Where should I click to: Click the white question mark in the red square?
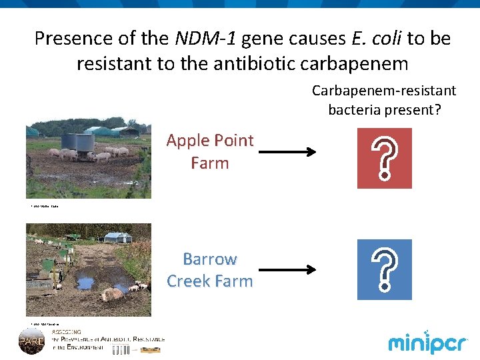tap(385, 159)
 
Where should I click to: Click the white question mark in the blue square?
tap(385, 269)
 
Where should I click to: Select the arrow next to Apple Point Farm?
tap(287, 153)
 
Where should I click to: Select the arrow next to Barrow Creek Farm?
tap(287, 270)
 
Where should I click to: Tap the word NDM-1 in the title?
tap(205, 39)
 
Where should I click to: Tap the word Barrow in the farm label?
tap(210, 259)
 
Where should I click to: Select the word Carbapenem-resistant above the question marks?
tap(384, 90)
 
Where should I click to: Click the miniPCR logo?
tap(427, 343)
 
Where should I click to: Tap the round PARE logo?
tap(31, 341)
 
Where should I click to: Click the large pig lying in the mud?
tap(111, 293)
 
